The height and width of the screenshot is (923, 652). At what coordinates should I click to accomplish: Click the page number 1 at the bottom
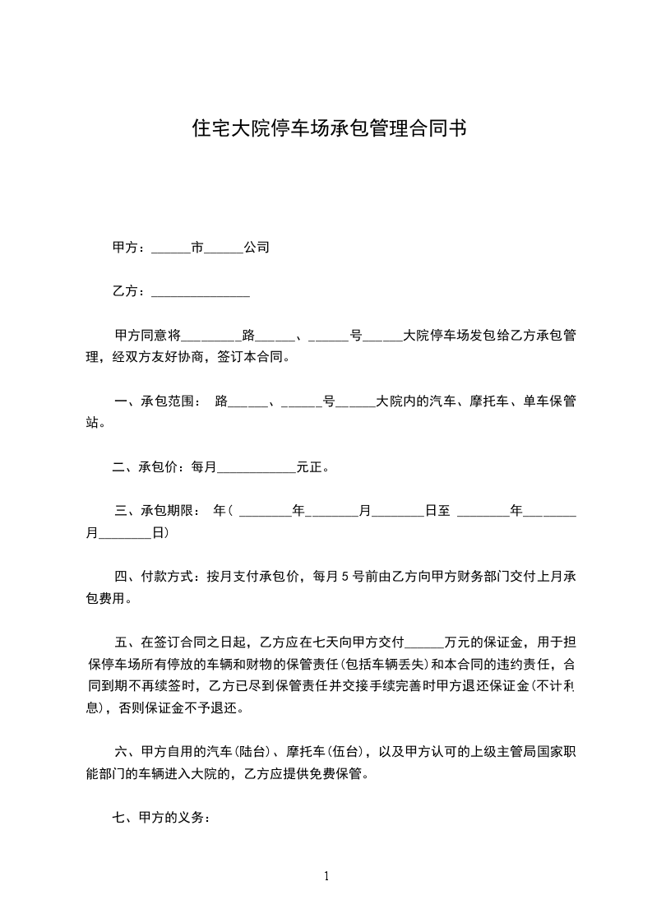pos(326,875)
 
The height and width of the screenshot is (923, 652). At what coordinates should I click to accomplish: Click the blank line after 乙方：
pos(201,293)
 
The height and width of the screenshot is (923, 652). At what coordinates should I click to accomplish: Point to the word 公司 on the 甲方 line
pos(257,247)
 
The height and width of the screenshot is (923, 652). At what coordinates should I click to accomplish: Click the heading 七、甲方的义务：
pos(161,818)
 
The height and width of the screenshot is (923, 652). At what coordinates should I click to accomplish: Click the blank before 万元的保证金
pos(424,642)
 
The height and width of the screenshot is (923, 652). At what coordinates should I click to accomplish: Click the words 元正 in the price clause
pos(309,468)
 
